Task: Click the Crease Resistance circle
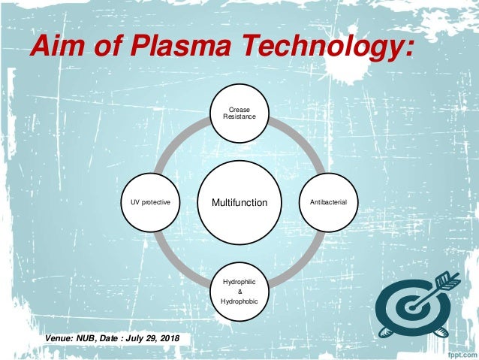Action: (239, 114)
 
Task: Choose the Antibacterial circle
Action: (328, 202)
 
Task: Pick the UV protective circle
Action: (151, 202)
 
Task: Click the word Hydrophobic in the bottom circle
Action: (239, 302)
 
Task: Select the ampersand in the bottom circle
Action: (239, 292)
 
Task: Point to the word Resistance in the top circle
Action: (239, 119)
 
